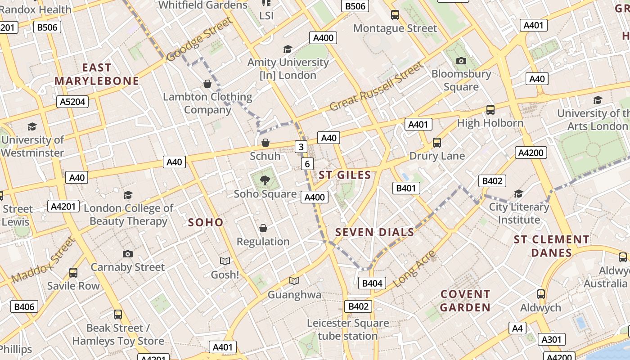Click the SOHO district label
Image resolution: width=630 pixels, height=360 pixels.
[x=206, y=222]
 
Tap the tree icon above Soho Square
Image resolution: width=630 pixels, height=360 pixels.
[x=265, y=181]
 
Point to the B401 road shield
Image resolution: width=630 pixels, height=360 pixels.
[x=406, y=188]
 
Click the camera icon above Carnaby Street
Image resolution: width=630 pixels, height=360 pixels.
[x=128, y=254]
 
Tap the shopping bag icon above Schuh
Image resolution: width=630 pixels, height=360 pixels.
[x=265, y=143]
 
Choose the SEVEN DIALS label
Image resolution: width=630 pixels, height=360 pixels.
[x=374, y=232]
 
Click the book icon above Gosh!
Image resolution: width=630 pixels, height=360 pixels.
[x=225, y=261]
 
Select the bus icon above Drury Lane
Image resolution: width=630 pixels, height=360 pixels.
[x=436, y=143]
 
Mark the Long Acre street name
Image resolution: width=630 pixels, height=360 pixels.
[x=414, y=269]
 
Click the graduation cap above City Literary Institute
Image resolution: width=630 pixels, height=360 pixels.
[x=518, y=194]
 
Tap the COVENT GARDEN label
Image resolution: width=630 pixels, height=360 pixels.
[x=465, y=301]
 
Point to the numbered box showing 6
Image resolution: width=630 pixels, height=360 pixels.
[x=307, y=164]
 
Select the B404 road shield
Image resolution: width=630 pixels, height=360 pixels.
[x=372, y=283]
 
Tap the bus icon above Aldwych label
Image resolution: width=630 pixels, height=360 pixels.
[x=541, y=294]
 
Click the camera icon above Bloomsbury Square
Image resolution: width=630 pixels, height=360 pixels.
[x=461, y=61]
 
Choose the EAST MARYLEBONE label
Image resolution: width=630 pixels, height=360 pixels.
[x=97, y=74]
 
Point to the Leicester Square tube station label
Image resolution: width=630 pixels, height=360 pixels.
[x=348, y=329]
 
